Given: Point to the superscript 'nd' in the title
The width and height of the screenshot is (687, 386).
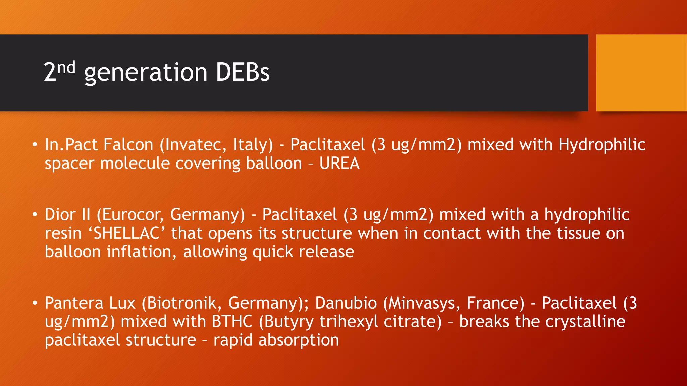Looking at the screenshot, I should [x=66, y=68].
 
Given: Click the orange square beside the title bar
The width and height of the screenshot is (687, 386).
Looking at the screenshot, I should [x=641, y=73].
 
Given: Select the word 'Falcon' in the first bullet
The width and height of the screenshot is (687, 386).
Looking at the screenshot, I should [x=128, y=145].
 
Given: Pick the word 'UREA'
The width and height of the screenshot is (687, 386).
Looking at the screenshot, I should [x=339, y=164].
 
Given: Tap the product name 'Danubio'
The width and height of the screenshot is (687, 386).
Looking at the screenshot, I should [x=346, y=303].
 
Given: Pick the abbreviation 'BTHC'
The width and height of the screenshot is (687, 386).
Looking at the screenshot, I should [x=232, y=322].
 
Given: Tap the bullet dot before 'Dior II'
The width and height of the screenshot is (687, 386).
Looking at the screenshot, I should [x=35, y=215].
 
